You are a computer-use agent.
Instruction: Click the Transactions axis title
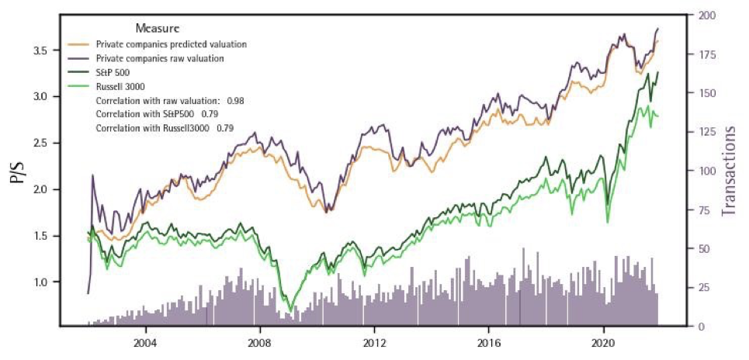(730, 171)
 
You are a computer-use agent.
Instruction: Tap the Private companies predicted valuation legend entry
(171, 43)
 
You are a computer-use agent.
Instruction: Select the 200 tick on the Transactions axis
(707, 16)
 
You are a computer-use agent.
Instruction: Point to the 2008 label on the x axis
(259, 342)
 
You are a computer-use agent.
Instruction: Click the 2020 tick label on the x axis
(604, 342)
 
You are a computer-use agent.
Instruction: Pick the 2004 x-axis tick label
(144, 342)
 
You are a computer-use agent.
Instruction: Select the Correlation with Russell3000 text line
(164, 127)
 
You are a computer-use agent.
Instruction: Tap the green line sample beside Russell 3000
(79, 87)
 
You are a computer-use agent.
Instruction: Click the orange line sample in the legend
(79, 43)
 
